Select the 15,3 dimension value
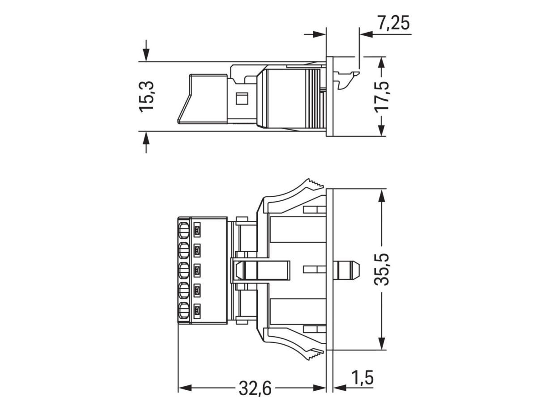[x=147, y=97]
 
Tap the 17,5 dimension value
[x=382, y=96]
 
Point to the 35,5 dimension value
[x=382, y=269]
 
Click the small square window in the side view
[x=242, y=98]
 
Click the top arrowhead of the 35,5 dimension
[x=381, y=195]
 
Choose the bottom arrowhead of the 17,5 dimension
[x=381, y=130]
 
